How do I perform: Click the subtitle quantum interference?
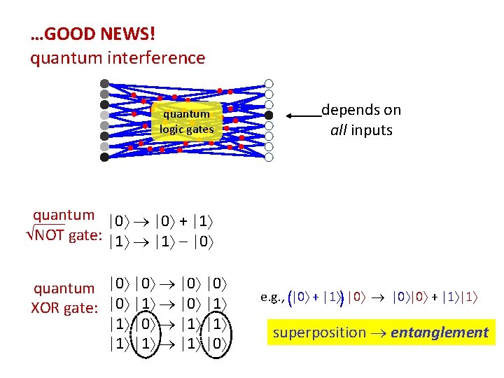click(118, 57)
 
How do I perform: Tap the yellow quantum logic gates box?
click(186, 121)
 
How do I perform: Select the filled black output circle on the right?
click(269, 115)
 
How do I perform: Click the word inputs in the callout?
click(374, 130)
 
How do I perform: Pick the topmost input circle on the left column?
click(104, 83)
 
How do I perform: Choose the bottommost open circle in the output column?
click(269, 157)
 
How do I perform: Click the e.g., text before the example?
click(271, 297)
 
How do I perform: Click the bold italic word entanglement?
click(440, 332)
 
